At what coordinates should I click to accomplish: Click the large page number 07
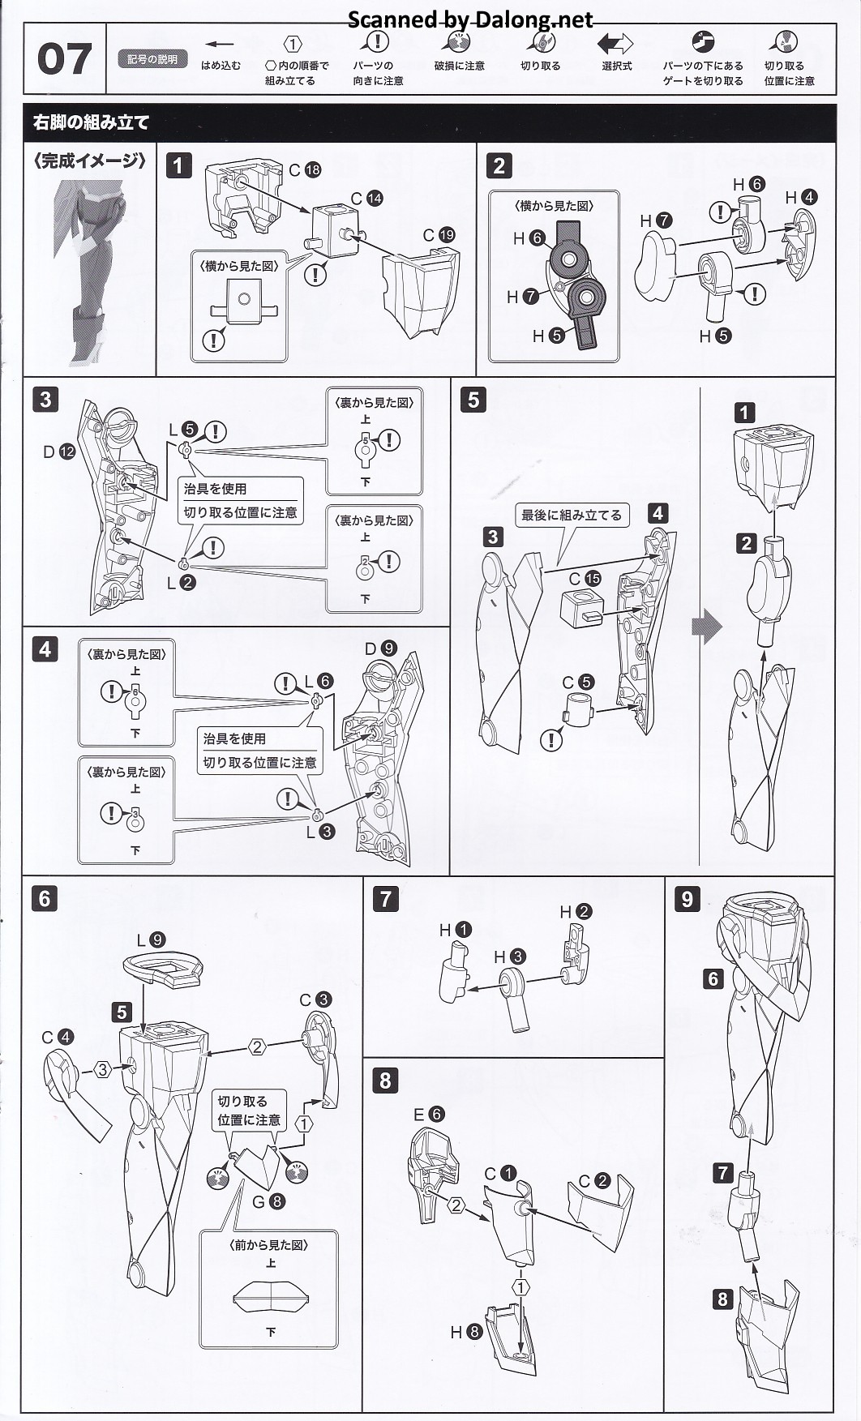[64, 59]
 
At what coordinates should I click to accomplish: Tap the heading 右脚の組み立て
[92, 123]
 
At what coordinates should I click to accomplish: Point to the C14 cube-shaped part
[334, 229]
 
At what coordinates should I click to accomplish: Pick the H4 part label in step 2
[800, 197]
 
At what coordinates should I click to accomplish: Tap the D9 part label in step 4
[380, 648]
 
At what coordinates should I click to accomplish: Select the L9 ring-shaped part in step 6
[161, 969]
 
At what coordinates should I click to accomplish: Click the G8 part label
[268, 1201]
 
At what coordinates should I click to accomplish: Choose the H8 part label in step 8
[465, 1331]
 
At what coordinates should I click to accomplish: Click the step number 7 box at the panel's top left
[385, 898]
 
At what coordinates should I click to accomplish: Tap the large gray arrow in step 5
[706, 626]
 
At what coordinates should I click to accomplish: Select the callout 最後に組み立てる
[571, 515]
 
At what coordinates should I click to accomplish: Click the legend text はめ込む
[221, 66]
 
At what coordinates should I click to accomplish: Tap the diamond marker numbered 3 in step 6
[102, 1069]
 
